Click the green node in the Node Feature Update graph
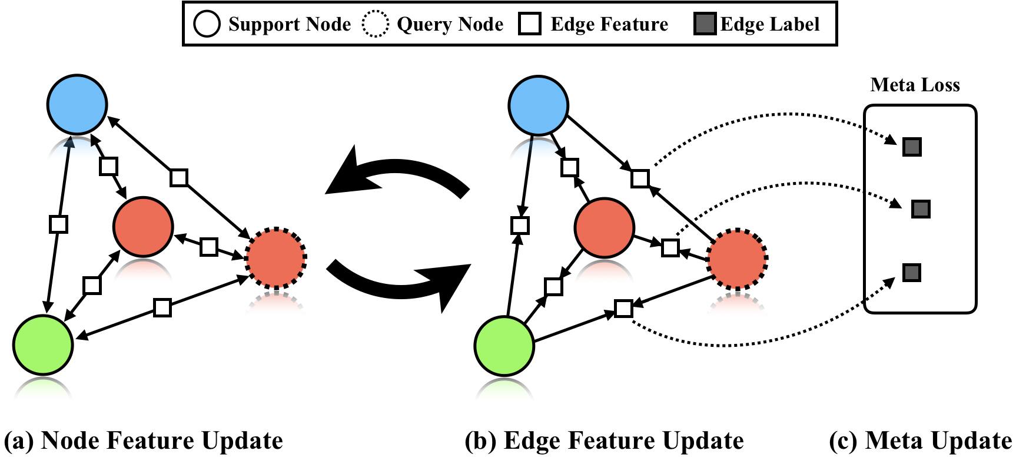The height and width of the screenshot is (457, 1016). [x=43, y=345]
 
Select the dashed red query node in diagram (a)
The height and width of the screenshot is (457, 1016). [x=276, y=257]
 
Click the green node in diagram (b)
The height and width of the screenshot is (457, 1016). [x=504, y=345]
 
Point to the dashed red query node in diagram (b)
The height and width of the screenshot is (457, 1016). [x=737, y=257]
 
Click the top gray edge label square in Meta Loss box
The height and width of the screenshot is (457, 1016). [x=912, y=147]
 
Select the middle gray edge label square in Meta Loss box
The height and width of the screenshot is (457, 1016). [x=921, y=209]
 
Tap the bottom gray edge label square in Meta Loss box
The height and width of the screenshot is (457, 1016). [x=911, y=273]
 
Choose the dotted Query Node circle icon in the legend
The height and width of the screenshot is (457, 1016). [x=375, y=24]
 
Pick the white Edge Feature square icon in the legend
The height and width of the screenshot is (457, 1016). [x=530, y=24]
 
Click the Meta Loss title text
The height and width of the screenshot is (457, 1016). [x=915, y=85]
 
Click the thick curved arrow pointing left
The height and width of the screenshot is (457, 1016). [x=400, y=174]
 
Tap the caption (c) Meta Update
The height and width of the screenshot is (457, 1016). [x=921, y=441]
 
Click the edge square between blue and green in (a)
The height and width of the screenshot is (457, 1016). [x=58, y=224]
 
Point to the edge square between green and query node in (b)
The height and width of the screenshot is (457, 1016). [x=623, y=308]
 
